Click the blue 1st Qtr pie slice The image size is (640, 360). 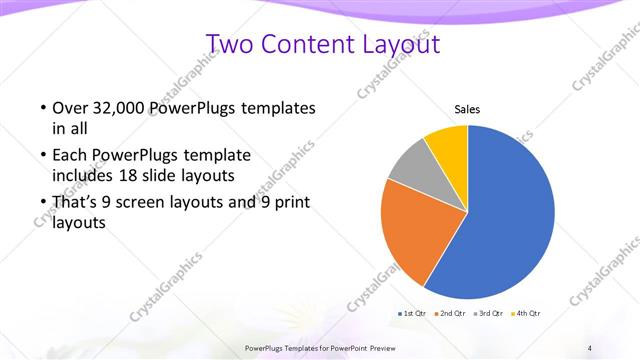click(x=510, y=220)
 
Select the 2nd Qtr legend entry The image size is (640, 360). click(x=450, y=314)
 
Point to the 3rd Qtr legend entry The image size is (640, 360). click(x=488, y=314)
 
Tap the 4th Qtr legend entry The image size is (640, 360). click(x=526, y=314)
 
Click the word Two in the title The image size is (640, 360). click(x=230, y=44)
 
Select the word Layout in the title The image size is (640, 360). click(x=404, y=44)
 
